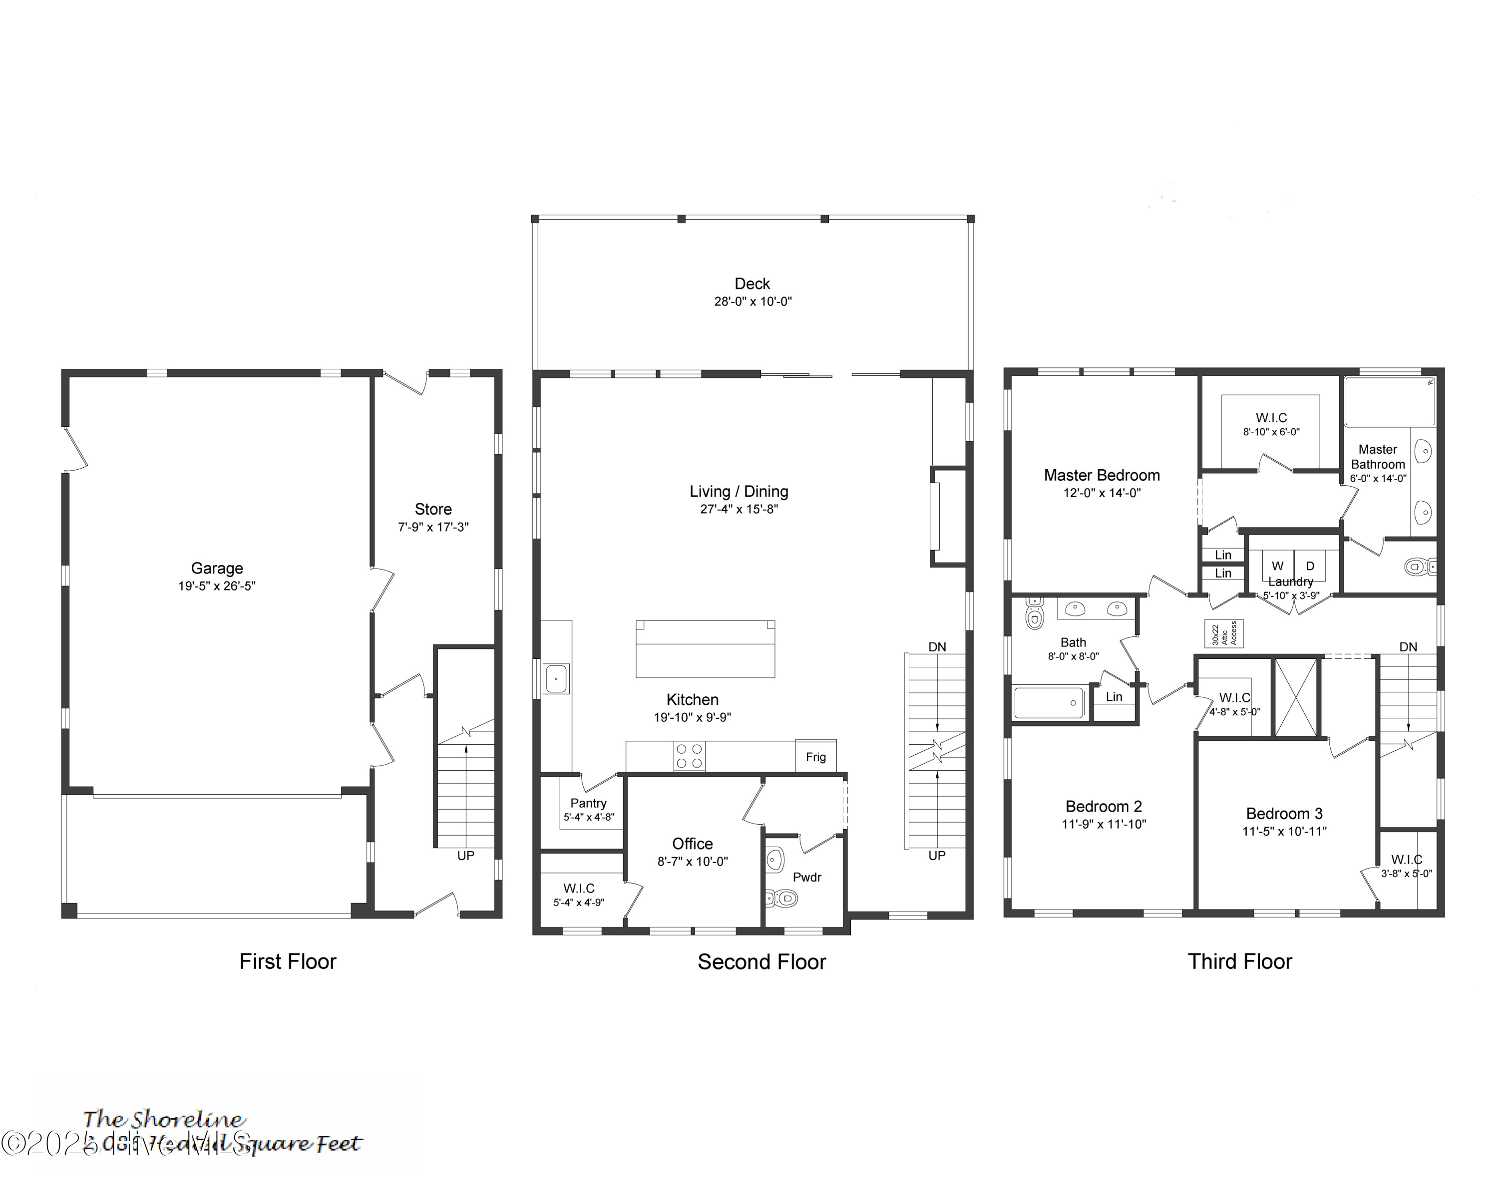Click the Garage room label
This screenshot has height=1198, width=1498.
217,568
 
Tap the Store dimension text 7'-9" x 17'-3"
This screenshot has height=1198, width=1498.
433,527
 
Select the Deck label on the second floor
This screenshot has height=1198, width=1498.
752,284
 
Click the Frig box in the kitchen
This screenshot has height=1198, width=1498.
816,756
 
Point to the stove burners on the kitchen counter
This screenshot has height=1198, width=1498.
689,756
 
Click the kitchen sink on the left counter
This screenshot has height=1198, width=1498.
557,678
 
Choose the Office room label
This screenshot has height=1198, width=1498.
692,843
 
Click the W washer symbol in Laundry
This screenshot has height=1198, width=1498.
1277,566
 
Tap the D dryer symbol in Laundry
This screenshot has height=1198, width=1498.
1310,566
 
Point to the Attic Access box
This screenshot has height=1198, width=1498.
1223,633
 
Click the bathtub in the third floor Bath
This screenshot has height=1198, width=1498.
1049,703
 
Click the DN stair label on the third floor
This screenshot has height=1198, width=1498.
1408,646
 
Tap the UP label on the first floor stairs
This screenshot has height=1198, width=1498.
465,856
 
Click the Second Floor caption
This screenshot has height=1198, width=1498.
761,962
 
